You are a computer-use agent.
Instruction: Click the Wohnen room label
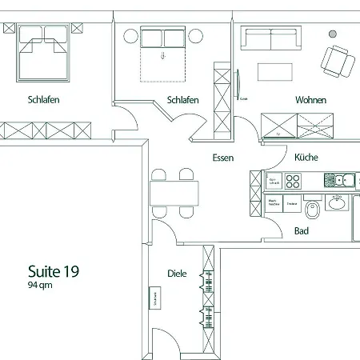pyautogui.click(x=310, y=100)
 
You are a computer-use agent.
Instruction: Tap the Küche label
pyautogui.click(x=306, y=158)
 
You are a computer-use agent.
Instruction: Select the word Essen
pyautogui.click(x=223, y=158)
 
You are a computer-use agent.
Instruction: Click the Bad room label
pyautogui.click(x=302, y=231)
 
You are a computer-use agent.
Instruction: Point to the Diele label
pyautogui.click(x=177, y=274)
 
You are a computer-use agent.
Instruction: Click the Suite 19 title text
pyautogui.click(x=53, y=270)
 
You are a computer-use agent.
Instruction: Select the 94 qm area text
pyautogui.click(x=40, y=285)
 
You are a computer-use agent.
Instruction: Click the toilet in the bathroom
pyautogui.click(x=314, y=210)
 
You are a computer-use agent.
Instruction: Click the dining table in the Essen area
pyautogui.click(x=174, y=192)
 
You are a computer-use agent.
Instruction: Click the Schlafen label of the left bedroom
pyautogui.click(x=43, y=100)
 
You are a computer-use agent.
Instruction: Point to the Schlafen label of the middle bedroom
pyautogui.click(x=183, y=100)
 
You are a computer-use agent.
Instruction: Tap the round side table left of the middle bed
pyautogui.click(x=128, y=34)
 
